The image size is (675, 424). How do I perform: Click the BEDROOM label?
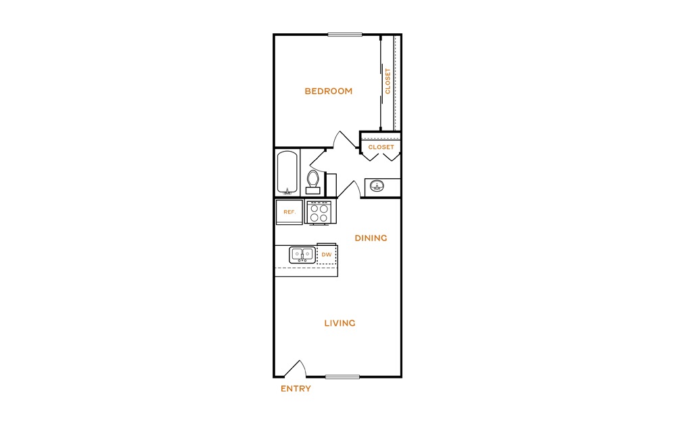329,91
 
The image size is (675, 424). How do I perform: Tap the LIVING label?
340,323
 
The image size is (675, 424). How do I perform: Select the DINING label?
371,238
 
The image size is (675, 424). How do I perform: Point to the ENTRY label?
296,389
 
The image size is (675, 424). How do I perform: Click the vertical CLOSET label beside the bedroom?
388,81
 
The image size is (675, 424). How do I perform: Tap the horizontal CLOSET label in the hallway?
381,147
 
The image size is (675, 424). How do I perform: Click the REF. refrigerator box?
289,212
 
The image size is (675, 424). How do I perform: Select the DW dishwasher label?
327,255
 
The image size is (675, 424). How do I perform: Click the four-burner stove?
318,213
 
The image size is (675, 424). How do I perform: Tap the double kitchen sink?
302,255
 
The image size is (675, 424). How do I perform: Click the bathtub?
287,172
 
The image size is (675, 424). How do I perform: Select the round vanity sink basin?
377,186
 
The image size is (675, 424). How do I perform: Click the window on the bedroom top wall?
345,35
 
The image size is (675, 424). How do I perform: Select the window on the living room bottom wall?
342,377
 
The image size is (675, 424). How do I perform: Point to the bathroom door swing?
317,159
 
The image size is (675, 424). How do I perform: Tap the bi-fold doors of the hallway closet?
381,156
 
